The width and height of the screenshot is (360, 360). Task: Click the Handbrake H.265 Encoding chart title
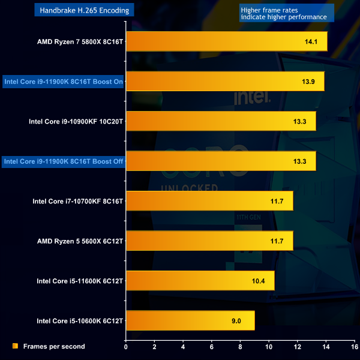[x=83, y=10]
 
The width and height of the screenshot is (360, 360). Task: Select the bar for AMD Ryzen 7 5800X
[x=226, y=41]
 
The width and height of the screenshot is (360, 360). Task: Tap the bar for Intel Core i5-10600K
[x=190, y=320]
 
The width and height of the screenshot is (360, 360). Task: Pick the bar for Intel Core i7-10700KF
[x=209, y=200]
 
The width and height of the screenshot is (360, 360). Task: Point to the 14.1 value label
[x=310, y=42]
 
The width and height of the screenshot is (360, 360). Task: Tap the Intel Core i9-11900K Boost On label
[x=63, y=82]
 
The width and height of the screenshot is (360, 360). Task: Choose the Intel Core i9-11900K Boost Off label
[x=63, y=161]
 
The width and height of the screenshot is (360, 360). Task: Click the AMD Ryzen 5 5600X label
[x=80, y=241]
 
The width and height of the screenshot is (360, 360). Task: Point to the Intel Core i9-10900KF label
[x=76, y=121]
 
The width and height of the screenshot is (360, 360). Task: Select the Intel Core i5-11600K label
[x=80, y=280]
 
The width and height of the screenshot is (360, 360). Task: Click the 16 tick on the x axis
[x=354, y=347]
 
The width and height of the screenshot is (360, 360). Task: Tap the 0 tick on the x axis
[x=126, y=347]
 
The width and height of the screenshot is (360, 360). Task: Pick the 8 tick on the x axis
[x=240, y=347]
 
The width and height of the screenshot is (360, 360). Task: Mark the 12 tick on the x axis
[x=297, y=347]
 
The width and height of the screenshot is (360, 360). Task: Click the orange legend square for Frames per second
[x=15, y=346]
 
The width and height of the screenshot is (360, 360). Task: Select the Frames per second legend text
[x=54, y=346]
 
